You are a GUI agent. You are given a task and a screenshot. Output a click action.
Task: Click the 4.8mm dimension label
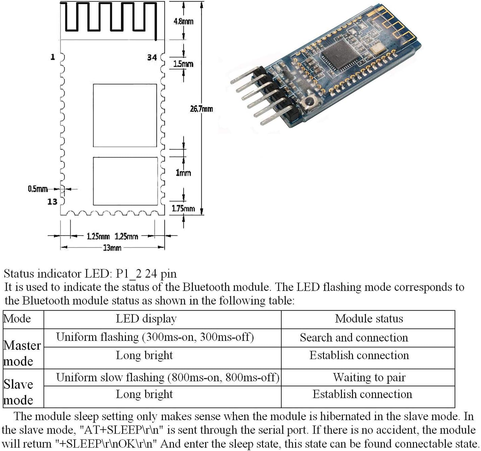(183, 21)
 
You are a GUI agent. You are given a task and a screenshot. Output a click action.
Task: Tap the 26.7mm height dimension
(201, 109)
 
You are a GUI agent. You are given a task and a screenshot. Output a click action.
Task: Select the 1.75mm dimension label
(183, 208)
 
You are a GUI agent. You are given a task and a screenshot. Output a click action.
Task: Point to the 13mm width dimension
(112, 248)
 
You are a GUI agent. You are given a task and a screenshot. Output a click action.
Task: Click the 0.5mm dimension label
(38, 189)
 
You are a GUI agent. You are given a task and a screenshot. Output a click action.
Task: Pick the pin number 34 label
(152, 58)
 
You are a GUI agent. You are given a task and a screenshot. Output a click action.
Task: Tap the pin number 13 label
(52, 202)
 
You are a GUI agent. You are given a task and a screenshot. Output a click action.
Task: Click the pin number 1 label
(52, 57)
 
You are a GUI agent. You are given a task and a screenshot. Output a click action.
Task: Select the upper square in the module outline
(125, 115)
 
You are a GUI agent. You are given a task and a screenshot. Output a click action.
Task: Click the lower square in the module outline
(125, 181)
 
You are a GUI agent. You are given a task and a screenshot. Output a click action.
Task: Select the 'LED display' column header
(146, 319)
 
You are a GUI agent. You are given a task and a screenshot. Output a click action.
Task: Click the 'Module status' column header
(369, 319)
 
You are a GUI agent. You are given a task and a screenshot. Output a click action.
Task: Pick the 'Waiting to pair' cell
(369, 377)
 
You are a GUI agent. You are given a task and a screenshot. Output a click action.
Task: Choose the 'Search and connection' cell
(354, 337)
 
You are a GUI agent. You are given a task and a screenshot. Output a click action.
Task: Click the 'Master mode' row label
(22, 353)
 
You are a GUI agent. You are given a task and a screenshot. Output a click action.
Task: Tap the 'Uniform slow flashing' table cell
(168, 377)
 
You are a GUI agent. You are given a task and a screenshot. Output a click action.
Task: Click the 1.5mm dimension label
(183, 64)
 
